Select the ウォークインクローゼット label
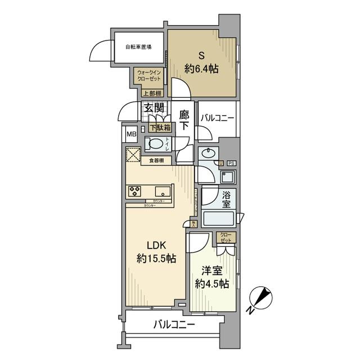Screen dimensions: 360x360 tap(148, 75)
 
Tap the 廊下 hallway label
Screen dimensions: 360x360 tap(184, 120)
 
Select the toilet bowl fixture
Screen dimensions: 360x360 tap(155, 145)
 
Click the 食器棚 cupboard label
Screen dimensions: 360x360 tap(156, 161)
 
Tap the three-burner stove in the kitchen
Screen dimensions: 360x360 tap(136, 190)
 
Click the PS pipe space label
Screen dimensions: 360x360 tap(231, 163)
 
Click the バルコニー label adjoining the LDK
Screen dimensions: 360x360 tap(174, 325)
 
